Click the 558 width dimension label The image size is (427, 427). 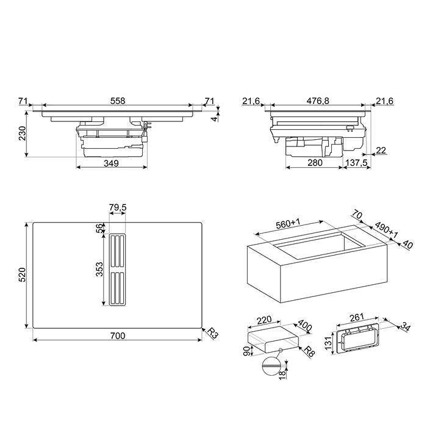point(118,101)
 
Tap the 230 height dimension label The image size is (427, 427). point(22,133)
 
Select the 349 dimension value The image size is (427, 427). point(111,163)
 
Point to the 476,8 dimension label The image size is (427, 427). point(318,101)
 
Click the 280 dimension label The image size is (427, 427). point(315,163)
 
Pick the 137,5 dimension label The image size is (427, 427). point(356,163)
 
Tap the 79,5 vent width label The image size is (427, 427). point(118,207)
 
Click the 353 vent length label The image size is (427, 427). point(99,269)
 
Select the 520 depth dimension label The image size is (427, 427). point(22,274)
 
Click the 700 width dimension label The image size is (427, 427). point(118,335)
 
